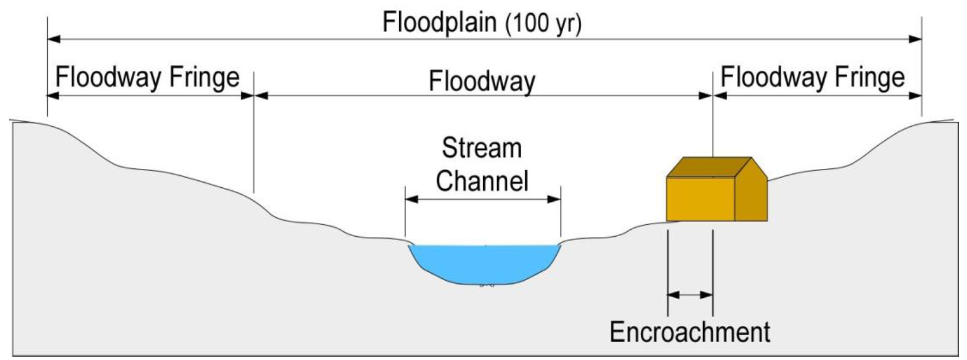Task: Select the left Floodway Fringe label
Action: click(x=148, y=78)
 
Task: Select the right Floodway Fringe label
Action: click(x=813, y=78)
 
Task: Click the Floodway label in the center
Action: click(x=482, y=81)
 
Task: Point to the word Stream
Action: click(x=482, y=150)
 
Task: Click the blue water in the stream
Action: click(x=484, y=263)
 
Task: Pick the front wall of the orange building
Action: click(x=700, y=199)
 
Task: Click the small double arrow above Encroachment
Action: click(x=690, y=294)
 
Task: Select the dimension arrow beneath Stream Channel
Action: click(x=483, y=200)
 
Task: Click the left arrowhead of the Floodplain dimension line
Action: click(x=55, y=39)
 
